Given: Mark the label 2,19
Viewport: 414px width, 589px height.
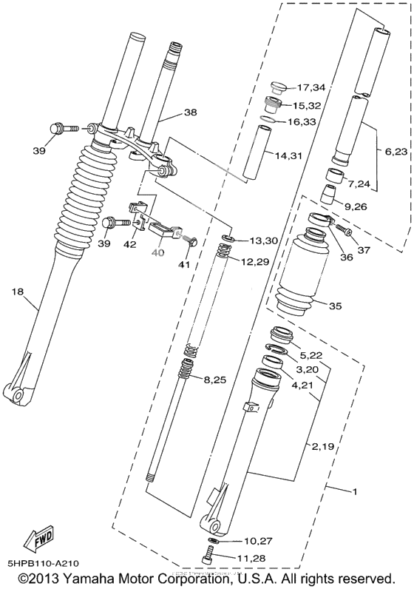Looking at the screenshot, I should pos(322,445).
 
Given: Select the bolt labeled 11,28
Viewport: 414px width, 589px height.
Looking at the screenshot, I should pos(207,557).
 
